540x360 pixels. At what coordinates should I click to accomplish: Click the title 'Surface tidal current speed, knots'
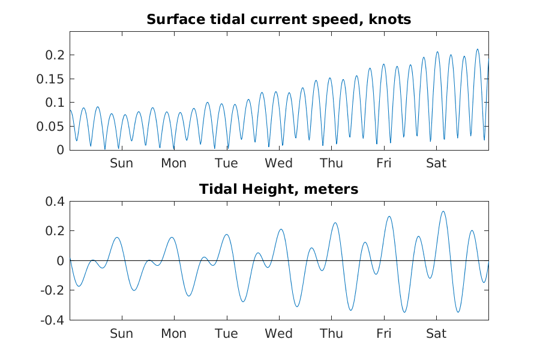pos(278,19)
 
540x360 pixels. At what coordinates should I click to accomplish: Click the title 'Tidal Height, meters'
pos(278,189)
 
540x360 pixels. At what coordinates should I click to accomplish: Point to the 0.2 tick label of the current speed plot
pos(55,55)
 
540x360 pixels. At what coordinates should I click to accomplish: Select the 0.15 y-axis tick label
pos(50,79)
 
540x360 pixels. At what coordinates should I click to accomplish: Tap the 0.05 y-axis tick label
pos(50,127)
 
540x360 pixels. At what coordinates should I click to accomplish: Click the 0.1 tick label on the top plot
pos(55,103)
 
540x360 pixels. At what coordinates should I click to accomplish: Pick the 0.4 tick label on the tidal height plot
pos(55,202)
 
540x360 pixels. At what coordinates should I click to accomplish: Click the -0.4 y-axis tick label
pos(52,320)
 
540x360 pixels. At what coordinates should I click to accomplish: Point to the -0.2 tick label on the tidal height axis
pos(52,290)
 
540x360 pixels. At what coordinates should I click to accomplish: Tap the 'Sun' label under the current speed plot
pos(122,163)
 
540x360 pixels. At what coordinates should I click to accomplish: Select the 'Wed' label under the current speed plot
pos(278,163)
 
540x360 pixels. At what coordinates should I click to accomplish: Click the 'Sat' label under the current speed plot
pos(436,163)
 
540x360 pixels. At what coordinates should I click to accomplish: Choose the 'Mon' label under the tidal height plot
pos(174,334)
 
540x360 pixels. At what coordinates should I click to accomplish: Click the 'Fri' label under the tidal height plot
pos(383,334)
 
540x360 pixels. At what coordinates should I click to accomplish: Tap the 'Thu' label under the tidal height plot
pos(331,334)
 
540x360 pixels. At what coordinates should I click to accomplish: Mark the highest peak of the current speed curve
pos(478,49)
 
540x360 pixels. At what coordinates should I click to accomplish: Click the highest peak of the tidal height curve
pos(443,212)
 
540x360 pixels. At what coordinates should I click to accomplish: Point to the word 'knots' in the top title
pos(390,19)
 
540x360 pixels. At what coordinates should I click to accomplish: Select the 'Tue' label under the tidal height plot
pos(226,334)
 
